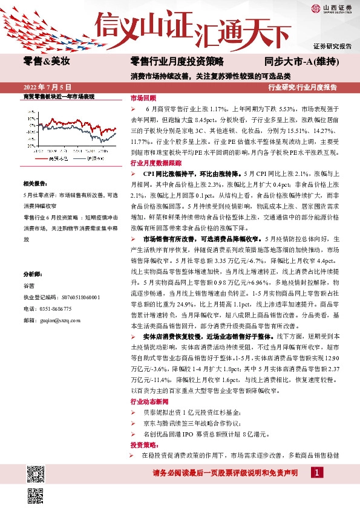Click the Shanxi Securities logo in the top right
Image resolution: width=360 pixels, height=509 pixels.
pyautogui.click(x=332, y=8)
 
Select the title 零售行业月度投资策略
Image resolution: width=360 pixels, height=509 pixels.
pyautogui.click(x=177, y=61)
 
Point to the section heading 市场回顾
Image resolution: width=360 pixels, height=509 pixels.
pyautogui.click(x=143, y=98)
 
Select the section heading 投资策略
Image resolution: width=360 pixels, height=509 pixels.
pyautogui.click(x=143, y=444)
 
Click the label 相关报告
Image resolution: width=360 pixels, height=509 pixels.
pyautogui.click(x=36, y=183)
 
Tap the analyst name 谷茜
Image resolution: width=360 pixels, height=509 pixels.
pyautogui.click(x=28, y=286)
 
